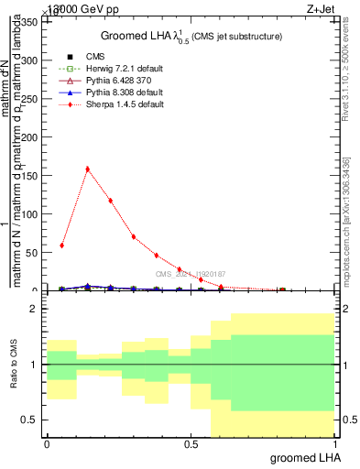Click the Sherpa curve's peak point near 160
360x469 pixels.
click(87, 169)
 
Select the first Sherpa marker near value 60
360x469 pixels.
click(61, 245)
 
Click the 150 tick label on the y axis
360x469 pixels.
click(33, 176)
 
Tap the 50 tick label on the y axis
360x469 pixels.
click(36, 253)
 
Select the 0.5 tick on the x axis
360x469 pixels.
click(191, 444)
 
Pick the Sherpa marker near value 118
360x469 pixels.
click(110, 201)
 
